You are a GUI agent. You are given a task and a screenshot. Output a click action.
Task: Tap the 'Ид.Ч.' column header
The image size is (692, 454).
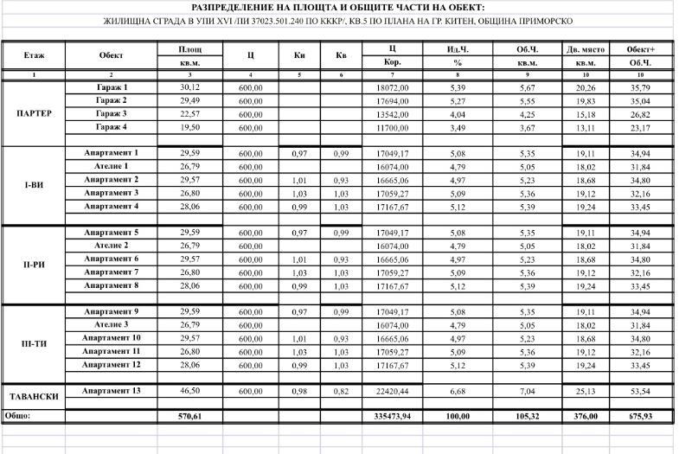tap(458, 49)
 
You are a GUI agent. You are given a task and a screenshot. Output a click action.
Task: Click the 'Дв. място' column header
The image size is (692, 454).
tap(586, 49)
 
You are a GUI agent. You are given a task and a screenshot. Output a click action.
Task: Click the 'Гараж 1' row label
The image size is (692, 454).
tap(112, 88)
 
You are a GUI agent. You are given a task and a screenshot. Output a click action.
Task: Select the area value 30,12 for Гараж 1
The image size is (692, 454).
tap(189, 88)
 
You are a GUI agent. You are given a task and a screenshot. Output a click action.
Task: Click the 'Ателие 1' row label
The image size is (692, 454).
tap(112, 166)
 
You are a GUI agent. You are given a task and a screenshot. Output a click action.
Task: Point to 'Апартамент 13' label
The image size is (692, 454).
tap(112, 391)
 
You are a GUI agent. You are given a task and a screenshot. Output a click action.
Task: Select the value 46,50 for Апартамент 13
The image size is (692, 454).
tap(189, 391)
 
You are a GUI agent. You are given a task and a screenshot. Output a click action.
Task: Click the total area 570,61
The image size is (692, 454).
tap(189, 416)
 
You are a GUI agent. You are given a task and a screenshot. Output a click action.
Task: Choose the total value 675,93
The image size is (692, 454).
tap(641, 416)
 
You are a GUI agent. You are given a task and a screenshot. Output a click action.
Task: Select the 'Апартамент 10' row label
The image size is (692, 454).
tap(112, 338)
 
